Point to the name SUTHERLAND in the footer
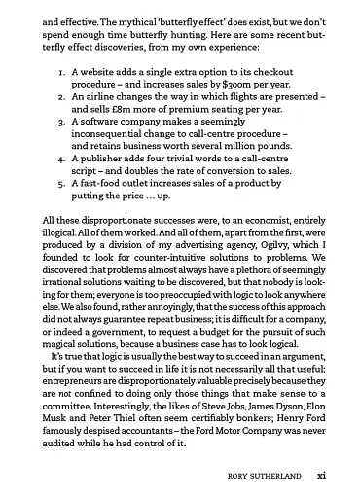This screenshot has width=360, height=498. click(x=277, y=476)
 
